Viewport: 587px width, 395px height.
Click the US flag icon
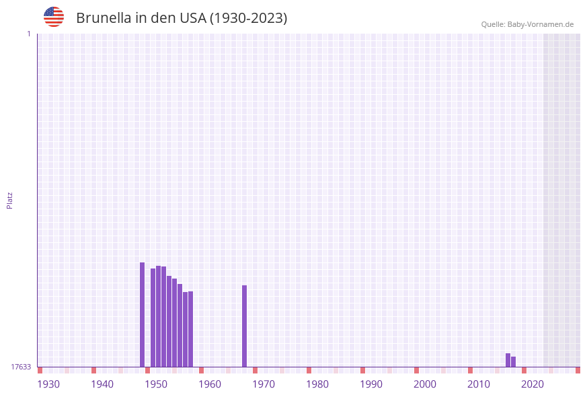click(54, 17)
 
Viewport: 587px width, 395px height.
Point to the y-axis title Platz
click(10, 200)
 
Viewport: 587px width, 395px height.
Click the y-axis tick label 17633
click(21, 367)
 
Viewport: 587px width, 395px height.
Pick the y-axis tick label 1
click(28, 34)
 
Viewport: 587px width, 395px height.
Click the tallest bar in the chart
click(143, 314)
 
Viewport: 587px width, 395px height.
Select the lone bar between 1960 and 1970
click(245, 326)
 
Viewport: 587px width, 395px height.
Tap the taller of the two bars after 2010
click(508, 360)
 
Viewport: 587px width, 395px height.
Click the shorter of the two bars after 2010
click(514, 361)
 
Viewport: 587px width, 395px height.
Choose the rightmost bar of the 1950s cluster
click(191, 328)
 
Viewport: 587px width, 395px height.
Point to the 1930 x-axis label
click(48, 384)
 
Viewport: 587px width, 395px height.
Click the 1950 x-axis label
click(156, 384)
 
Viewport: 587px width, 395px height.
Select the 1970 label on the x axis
click(264, 384)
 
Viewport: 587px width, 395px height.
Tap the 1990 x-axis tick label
click(371, 384)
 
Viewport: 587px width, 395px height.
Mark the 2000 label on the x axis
click(425, 384)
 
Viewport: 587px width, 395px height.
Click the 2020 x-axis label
click(533, 384)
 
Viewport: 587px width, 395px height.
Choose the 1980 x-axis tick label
click(317, 384)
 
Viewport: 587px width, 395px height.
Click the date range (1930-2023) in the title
click(249, 18)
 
